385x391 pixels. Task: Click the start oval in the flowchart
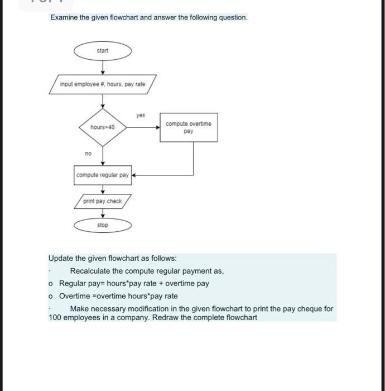(103, 51)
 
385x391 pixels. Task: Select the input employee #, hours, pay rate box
(103, 84)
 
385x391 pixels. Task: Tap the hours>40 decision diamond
(103, 127)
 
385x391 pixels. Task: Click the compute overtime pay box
(189, 127)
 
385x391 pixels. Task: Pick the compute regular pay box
(102, 175)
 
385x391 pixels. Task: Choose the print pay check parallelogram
(103, 201)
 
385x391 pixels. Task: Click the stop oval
(103, 225)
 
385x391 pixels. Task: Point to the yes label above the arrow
(141, 116)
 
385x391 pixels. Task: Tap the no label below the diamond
(88, 153)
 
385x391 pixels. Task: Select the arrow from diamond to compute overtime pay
(143, 127)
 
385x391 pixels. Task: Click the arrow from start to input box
(103, 66)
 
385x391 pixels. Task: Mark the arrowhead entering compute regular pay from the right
(133, 175)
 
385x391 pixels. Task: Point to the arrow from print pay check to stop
(103, 214)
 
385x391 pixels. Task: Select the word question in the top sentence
(231, 17)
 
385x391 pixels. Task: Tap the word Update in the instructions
(61, 259)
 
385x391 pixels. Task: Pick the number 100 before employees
(55, 318)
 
